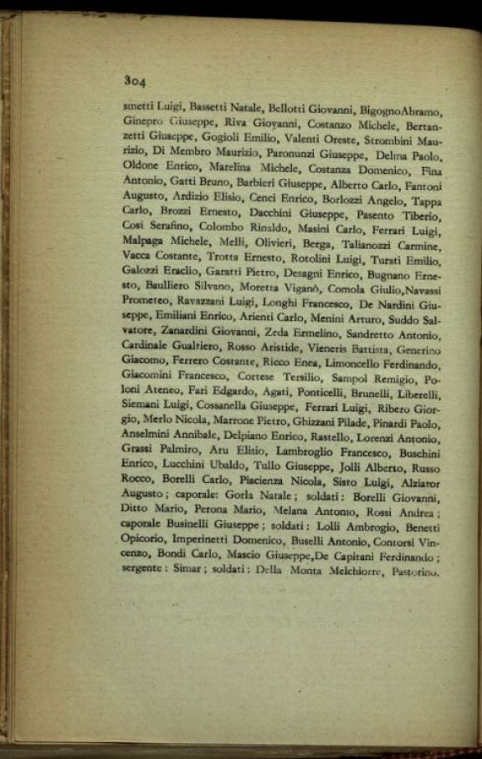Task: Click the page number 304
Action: [x=135, y=82]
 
